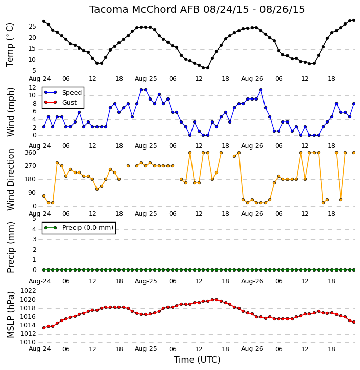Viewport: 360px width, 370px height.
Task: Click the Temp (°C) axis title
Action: pos(10,45)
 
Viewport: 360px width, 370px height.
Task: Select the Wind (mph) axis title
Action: pos(10,112)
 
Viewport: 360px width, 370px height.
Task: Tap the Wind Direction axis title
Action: pos(10,179)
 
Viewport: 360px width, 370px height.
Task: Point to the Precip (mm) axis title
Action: pos(10,247)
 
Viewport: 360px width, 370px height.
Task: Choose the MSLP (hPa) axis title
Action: pos(10,315)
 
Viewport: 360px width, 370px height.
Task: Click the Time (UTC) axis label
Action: pos(197,360)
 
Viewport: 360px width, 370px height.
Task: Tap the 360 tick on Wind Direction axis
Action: pos(31,153)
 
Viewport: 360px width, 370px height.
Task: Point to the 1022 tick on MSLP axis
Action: pos(28,291)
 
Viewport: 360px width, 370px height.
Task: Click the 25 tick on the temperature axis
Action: pos(32,27)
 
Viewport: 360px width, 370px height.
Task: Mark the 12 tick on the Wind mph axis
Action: pos(32,88)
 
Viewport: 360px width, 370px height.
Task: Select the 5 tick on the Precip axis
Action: pos(34,219)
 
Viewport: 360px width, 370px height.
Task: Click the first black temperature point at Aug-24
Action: pos(44,21)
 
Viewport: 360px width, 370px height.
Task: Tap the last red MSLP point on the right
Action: pos(354,322)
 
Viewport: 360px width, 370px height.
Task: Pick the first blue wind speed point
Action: pos(44,127)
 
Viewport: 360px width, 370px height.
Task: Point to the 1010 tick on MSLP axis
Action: pos(28,342)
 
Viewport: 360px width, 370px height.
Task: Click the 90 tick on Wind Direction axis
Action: pos(33,193)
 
